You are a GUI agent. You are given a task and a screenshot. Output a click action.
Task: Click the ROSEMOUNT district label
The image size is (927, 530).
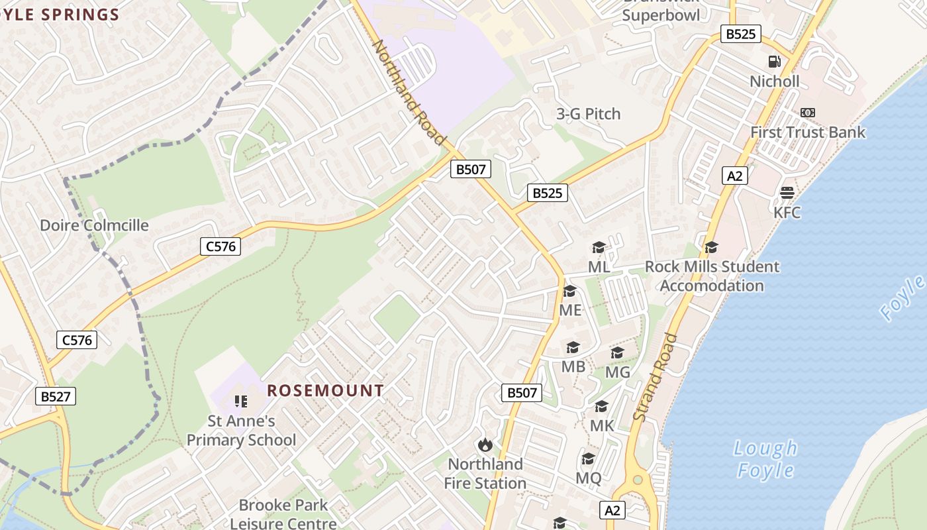tap(325, 391)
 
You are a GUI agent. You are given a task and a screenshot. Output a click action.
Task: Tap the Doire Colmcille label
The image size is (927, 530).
tap(94, 225)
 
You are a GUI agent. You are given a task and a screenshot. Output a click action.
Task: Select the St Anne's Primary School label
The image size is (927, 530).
tap(241, 430)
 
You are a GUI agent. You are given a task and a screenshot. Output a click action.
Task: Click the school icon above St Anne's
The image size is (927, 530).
tap(241, 401)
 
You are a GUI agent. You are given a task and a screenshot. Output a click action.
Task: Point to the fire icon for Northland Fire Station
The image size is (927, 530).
tap(485, 445)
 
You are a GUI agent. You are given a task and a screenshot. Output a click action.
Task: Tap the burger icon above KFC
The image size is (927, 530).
tap(787, 193)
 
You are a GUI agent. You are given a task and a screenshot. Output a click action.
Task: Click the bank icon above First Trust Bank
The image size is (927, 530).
tap(807, 113)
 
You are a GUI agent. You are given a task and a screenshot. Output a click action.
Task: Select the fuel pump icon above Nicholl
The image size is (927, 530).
tap(774, 62)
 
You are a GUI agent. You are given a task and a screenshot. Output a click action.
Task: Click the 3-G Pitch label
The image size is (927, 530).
tap(588, 114)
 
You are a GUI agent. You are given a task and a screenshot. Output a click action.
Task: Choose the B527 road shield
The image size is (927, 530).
tap(56, 396)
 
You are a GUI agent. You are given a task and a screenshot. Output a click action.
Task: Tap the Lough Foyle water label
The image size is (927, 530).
tap(765, 459)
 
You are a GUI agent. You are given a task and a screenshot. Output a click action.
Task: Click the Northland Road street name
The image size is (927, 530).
tap(407, 92)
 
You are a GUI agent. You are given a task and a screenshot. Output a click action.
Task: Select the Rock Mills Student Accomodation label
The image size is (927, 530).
tap(712, 276)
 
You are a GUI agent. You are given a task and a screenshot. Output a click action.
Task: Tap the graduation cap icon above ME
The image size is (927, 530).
tap(569, 291)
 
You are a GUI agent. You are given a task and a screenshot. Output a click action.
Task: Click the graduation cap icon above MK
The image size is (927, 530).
tap(601, 406)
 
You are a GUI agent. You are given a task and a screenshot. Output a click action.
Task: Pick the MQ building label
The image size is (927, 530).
tap(588, 478)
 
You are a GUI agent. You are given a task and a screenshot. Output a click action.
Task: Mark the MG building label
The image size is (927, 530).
tap(618, 372)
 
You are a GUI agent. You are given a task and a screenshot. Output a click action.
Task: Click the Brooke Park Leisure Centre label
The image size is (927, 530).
tap(283, 514)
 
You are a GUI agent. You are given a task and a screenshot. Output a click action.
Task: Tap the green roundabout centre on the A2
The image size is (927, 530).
tap(637, 479)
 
